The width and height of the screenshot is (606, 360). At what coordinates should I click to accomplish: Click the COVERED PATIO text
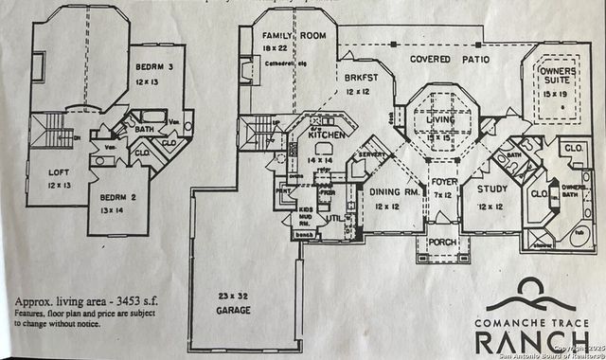[x=450, y=60]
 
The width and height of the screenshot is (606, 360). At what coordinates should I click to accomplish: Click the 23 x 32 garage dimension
[x=233, y=296]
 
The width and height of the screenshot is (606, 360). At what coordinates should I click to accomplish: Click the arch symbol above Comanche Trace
[x=535, y=289]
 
